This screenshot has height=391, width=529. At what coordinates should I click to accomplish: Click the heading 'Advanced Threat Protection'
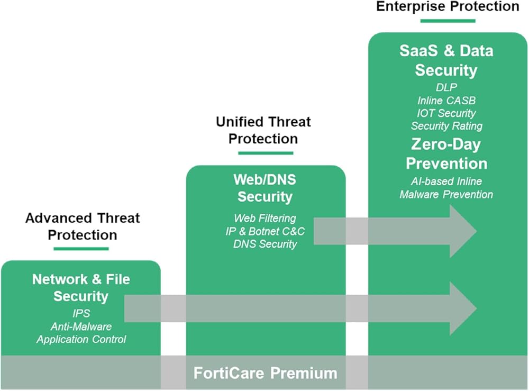click(82, 226)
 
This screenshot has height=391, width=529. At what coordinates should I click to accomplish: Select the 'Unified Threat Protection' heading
click(263, 130)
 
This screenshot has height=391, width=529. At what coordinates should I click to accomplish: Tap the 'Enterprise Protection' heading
click(448, 6)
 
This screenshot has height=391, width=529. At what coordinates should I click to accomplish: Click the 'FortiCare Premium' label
click(265, 373)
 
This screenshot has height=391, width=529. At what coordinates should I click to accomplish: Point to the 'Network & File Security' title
click(81, 287)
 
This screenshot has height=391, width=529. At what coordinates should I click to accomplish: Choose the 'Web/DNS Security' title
click(265, 188)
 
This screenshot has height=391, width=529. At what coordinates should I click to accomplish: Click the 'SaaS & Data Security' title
click(446, 60)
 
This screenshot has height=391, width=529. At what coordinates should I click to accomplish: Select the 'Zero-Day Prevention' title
click(446, 153)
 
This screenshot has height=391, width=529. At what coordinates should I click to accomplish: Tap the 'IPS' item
click(81, 313)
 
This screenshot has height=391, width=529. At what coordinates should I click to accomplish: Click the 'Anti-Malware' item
click(81, 326)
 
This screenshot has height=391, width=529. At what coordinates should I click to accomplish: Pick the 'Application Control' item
click(81, 339)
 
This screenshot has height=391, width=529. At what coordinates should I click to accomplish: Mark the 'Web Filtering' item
click(265, 218)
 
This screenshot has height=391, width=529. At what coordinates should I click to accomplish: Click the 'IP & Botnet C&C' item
click(265, 231)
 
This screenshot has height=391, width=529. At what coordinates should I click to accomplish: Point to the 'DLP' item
click(446, 87)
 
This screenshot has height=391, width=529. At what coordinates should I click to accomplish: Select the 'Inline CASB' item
click(446, 100)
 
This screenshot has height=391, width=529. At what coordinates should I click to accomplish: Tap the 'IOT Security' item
click(446, 113)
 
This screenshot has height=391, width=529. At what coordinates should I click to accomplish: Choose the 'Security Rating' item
click(446, 126)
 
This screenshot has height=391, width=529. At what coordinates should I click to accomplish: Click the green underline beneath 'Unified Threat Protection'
click(265, 153)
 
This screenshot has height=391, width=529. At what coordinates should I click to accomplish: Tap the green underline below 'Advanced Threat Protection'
click(81, 249)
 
